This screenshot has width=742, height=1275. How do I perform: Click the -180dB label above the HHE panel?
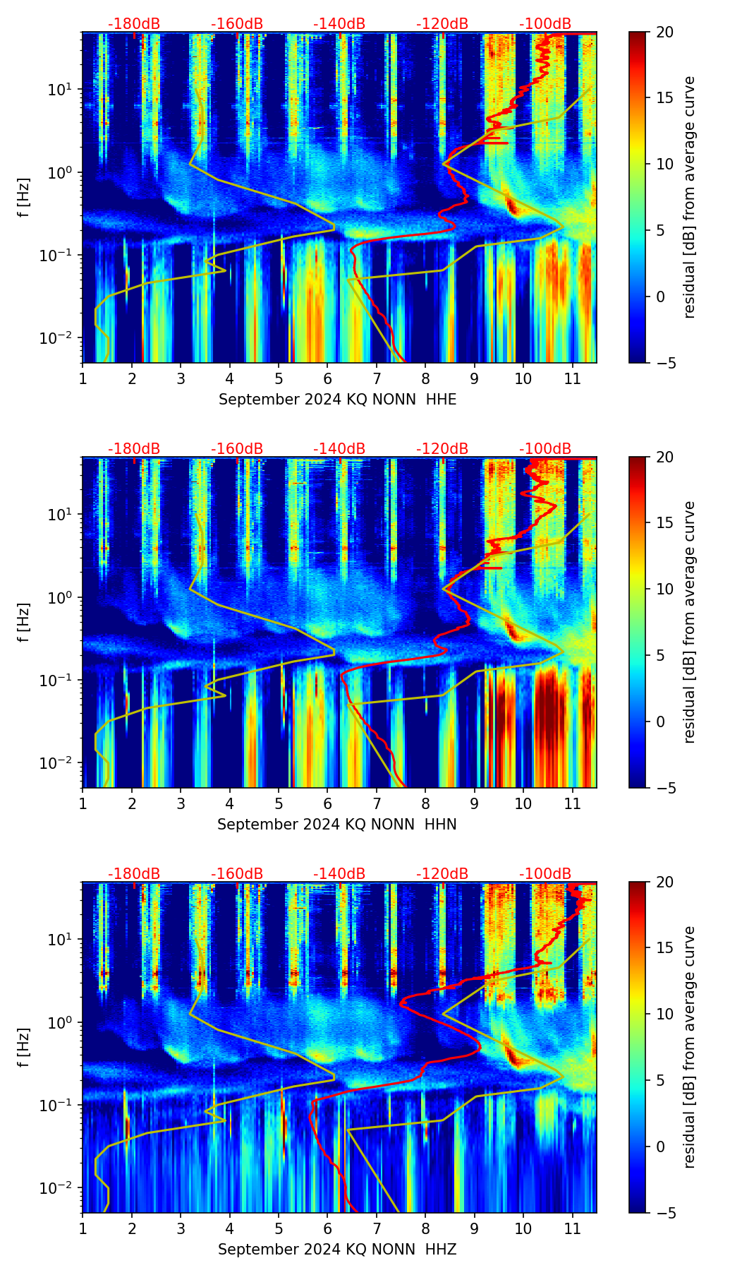pyautogui.click(x=134, y=24)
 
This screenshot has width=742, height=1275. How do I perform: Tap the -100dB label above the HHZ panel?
pyautogui.click(x=545, y=874)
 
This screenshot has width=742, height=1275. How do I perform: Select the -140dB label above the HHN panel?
pyautogui.click(x=339, y=449)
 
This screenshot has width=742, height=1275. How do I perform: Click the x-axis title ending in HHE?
pyautogui.click(x=337, y=400)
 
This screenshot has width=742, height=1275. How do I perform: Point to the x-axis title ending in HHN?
pyautogui.click(x=336, y=825)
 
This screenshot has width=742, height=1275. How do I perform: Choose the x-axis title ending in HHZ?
pyautogui.click(x=336, y=1250)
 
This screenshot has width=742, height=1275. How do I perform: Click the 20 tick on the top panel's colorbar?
pyautogui.click(x=665, y=32)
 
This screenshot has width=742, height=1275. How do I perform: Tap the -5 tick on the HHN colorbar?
pyautogui.click(x=664, y=788)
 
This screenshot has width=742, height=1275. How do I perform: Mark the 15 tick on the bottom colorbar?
pyautogui.click(x=665, y=948)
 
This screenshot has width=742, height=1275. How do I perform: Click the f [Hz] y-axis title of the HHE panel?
pyautogui.click(x=24, y=198)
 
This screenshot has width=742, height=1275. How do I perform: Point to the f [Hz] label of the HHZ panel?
pyautogui.click(x=24, y=1048)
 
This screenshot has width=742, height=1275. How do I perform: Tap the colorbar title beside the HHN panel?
pyautogui.click(x=689, y=622)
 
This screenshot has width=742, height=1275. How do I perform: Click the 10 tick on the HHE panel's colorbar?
pyautogui.click(x=665, y=164)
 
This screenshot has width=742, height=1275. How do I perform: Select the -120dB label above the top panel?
pyautogui.click(x=442, y=24)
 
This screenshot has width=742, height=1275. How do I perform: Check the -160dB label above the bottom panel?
pyautogui.click(x=237, y=874)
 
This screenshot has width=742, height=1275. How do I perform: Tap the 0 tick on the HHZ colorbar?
pyautogui.click(x=661, y=1147)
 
